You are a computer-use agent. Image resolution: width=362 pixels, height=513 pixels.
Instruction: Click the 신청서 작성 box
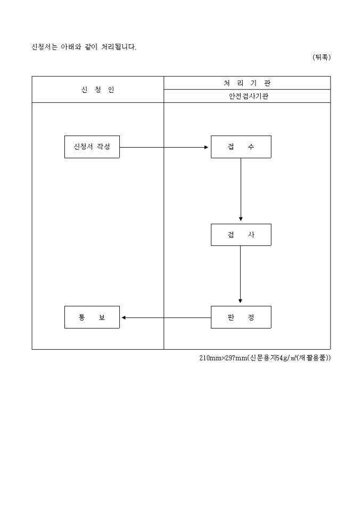point(92,147)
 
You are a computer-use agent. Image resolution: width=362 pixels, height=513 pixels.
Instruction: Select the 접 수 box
point(241,147)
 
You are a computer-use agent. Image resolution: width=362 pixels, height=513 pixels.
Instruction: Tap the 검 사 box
point(241,235)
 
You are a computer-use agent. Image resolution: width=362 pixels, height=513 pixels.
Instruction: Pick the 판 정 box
point(241,317)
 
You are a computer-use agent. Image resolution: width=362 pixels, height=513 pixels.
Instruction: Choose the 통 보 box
point(92,317)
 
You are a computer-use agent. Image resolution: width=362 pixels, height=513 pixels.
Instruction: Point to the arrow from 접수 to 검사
point(241,189)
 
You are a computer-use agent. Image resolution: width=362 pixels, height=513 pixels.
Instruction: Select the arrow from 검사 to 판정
point(241,275)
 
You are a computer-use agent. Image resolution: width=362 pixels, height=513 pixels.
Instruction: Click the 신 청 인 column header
point(97,90)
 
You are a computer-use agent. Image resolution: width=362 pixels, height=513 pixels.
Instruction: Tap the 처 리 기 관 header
point(247,83)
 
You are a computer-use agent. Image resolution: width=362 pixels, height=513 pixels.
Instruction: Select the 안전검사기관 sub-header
point(247,97)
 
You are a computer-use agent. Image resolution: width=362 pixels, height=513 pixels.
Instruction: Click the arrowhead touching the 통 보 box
point(124,317)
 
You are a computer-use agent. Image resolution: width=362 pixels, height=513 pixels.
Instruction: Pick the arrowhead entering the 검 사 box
point(241,219)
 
